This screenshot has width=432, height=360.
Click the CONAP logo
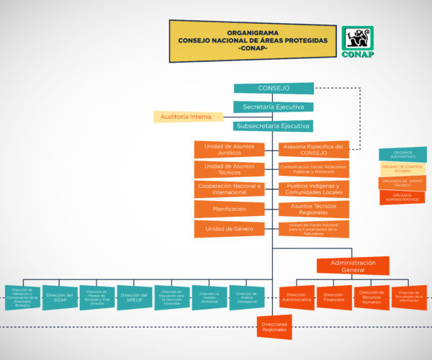pos(357,42)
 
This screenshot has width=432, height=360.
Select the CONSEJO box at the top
pos(274,89)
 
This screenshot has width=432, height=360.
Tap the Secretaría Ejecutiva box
pos(274,107)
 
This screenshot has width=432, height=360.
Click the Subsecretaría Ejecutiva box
pos(274,126)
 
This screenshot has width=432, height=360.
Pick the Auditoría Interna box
pos(186,117)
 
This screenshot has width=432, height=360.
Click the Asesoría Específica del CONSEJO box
pos(314,150)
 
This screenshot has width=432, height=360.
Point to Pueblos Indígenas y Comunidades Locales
pos(314,189)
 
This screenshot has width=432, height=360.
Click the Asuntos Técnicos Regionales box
pos(314,209)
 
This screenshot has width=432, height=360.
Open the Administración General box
pos(354,266)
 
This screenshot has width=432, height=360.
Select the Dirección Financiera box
pos(334,297)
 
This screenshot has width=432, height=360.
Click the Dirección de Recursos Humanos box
pos(372,297)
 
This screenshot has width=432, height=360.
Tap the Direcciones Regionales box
pos(274,327)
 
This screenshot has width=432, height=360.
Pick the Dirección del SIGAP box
pos(60,297)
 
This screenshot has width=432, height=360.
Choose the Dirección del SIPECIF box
pos(135,297)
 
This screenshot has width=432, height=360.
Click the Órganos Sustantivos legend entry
pos(402,154)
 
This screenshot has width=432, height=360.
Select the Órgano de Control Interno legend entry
pos(402,168)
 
